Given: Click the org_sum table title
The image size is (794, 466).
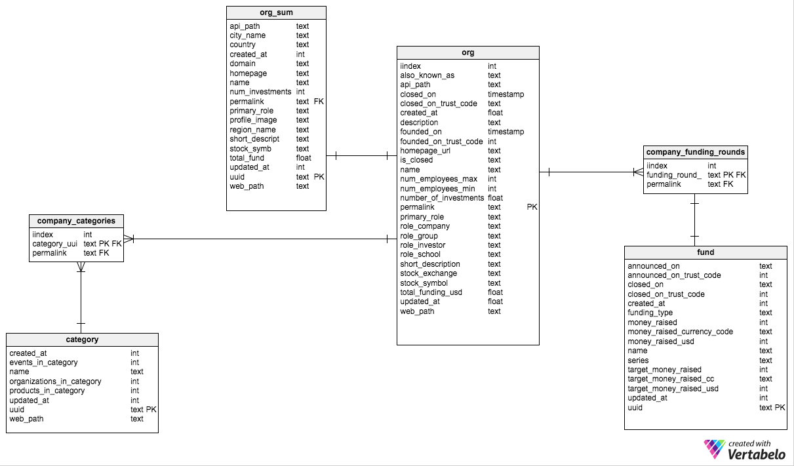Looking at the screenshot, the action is [276, 13].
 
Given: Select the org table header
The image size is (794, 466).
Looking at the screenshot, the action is [467, 52].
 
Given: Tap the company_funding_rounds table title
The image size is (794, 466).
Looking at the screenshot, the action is [696, 152].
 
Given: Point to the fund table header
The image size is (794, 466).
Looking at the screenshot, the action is [705, 252].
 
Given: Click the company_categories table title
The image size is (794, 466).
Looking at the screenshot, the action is [76, 221].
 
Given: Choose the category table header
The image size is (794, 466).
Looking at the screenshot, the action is [82, 340].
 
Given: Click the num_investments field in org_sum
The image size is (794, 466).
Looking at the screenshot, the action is [260, 92].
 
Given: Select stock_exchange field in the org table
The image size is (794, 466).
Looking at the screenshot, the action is [428, 273].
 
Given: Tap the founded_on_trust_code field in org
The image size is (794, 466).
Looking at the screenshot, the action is [441, 142].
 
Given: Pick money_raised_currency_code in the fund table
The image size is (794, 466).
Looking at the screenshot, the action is [680, 332].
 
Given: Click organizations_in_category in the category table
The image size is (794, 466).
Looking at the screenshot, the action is [55, 381].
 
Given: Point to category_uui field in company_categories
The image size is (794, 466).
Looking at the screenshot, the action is [55, 244].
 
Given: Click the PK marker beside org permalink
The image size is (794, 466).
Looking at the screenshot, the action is [532, 207].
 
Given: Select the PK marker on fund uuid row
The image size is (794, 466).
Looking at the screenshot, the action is [780, 408].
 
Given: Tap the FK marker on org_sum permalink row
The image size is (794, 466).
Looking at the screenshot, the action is [319, 102].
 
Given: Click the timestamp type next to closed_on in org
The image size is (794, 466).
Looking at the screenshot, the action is [506, 94].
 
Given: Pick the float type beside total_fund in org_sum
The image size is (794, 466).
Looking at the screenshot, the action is [304, 158].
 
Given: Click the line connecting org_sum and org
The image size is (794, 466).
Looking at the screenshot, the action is [361, 156].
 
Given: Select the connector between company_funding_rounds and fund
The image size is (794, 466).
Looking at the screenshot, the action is [695, 220].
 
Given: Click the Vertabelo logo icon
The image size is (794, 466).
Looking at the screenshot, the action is [715, 449].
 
